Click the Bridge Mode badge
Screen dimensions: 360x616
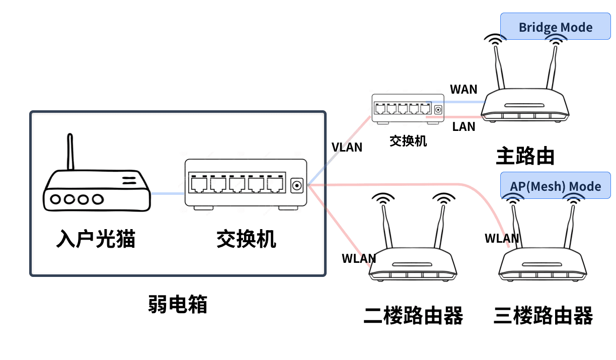(555, 27)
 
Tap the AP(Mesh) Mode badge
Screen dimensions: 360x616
(555, 186)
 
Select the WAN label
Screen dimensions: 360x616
(464, 90)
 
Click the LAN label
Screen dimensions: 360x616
(464, 126)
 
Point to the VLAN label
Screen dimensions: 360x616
(347, 147)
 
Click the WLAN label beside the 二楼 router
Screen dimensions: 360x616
(359, 258)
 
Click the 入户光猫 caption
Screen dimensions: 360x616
(96, 239)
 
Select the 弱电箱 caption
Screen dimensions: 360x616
(178, 304)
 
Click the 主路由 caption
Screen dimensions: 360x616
(525, 156)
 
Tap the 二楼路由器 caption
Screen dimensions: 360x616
(413, 316)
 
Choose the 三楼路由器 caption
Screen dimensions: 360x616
(544, 316)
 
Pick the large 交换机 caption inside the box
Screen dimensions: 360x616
(246, 239)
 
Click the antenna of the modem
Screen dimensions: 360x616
(70, 152)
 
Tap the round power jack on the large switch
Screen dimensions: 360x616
(297, 185)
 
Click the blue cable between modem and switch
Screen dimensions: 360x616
(168, 193)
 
